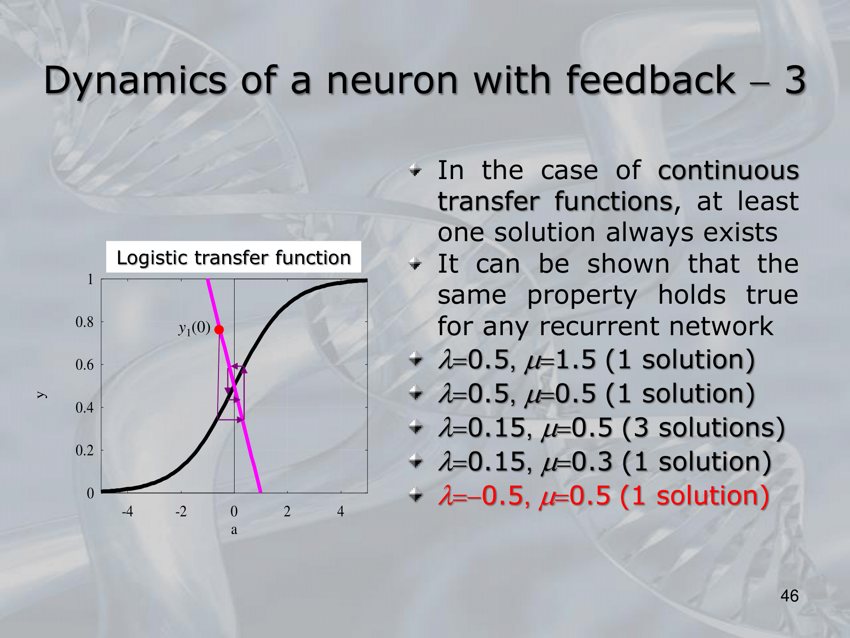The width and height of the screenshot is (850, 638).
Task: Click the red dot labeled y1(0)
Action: (x=219, y=330)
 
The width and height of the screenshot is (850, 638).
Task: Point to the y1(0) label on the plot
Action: (x=194, y=328)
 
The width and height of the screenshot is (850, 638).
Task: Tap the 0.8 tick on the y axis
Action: (x=84, y=322)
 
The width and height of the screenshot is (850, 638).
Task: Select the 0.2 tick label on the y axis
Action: (x=84, y=450)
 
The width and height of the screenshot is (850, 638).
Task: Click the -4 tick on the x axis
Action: (x=127, y=511)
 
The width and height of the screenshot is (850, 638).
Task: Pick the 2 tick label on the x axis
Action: (x=287, y=511)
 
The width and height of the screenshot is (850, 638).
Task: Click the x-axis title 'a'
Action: (x=234, y=530)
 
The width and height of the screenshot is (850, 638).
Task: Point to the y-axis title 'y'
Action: (x=41, y=395)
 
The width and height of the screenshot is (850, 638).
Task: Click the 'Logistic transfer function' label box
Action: (x=233, y=257)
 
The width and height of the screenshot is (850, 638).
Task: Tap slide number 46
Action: (x=789, y=596)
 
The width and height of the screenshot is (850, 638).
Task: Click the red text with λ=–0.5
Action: (x=604, y=496)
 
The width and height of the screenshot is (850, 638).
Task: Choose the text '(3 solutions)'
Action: (x=703, y=427)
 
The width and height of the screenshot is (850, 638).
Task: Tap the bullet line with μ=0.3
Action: (x=605, y=462)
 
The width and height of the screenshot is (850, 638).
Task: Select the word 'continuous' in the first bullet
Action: (x=728, y=171)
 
